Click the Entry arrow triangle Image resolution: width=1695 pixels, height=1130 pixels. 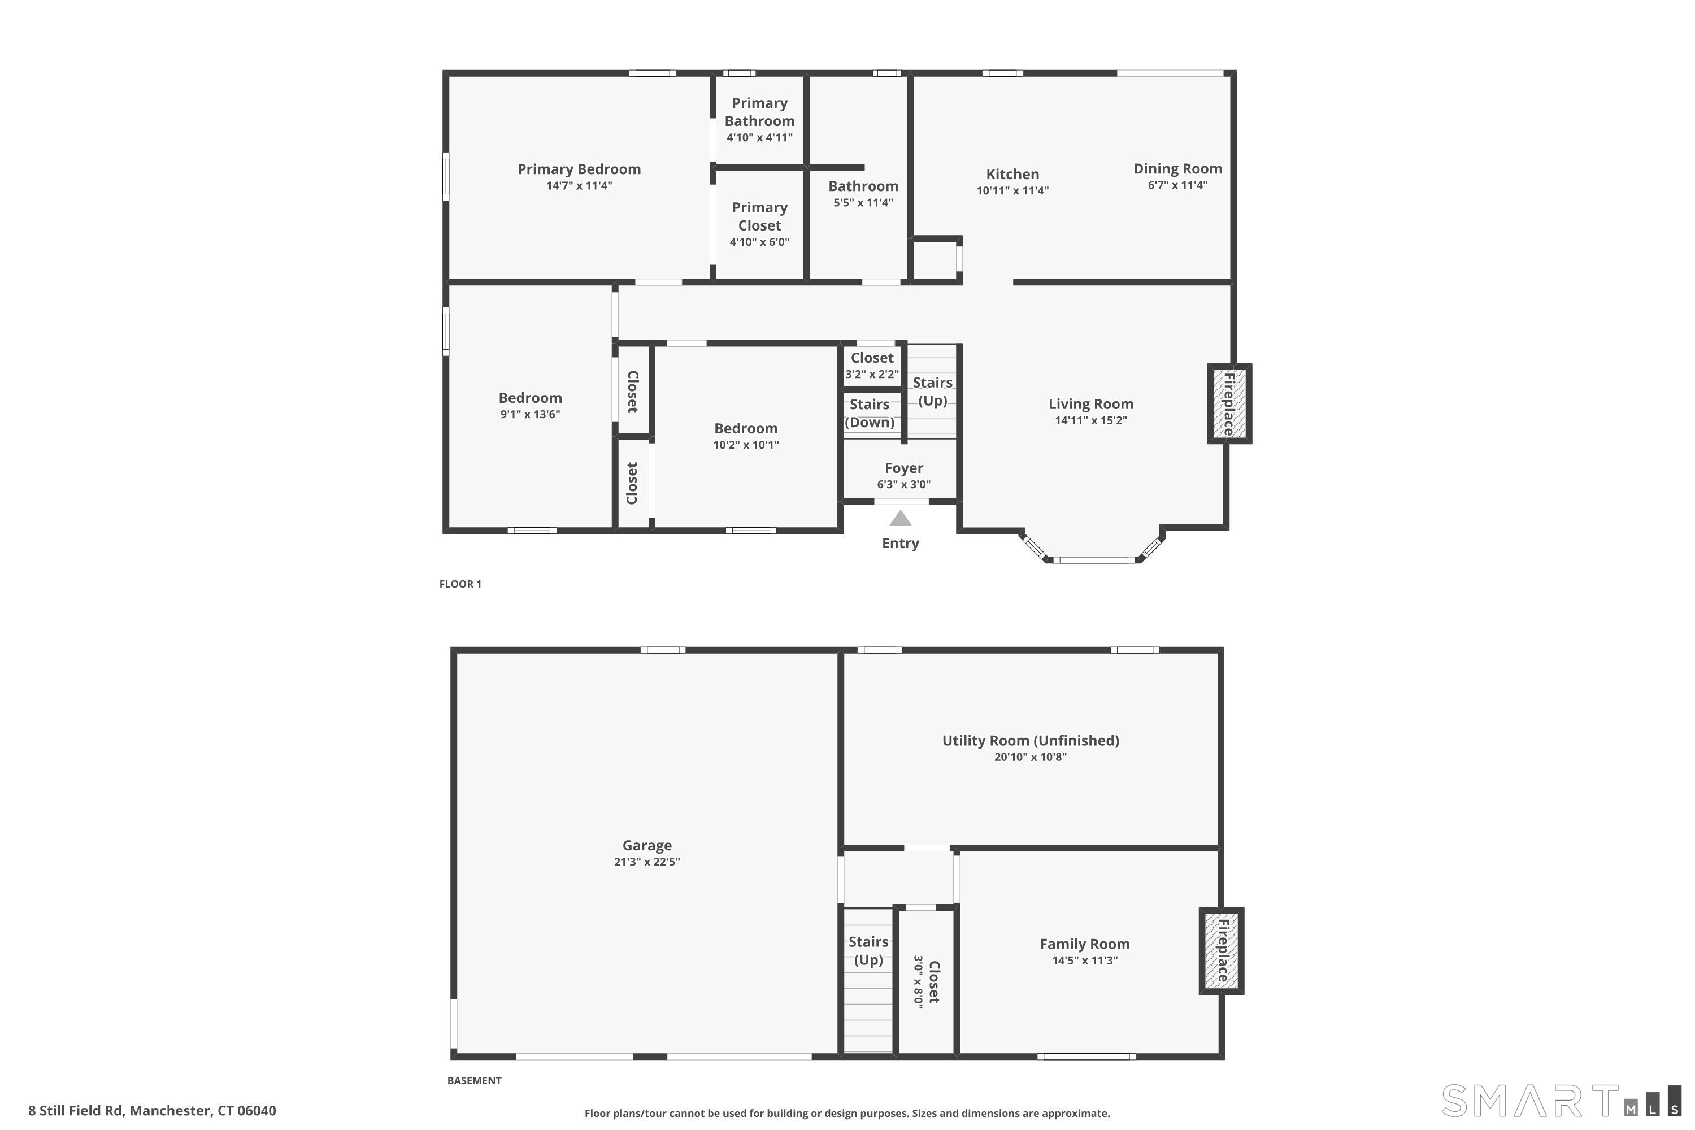pyautogui.click(x=900, y=519)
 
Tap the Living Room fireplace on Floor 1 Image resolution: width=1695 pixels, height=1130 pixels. pyautogui.click(x=1229, y=403)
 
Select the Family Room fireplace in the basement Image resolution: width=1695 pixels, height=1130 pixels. pyautogui.click(x=1222, y=950)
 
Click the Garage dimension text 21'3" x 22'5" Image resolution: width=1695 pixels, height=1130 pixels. pyautogui.click(x=646, y=862)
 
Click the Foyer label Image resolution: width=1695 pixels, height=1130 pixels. pyautogui.click(x=903, y=468)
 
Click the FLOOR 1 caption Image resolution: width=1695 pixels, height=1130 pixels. pyautogui.click(x=460, y=584)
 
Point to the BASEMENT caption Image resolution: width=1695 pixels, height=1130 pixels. pyautogui.click(x=474, y=1080)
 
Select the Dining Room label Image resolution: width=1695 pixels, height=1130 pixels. pyautogui.click(x=1177, y=168)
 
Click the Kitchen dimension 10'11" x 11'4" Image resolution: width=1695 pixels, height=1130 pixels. pyautogui.click(x=1012, y=191)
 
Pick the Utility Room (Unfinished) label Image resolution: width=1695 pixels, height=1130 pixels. pyautogui.click(x=1030, y=740)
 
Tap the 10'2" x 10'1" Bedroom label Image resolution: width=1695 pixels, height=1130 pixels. pyautogui.click(x=745, y=429)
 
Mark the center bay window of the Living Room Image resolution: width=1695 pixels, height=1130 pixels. pyautogui.click(x=1094, y=559)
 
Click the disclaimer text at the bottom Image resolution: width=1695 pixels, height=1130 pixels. pyautogui.click(x=847, y=1114)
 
